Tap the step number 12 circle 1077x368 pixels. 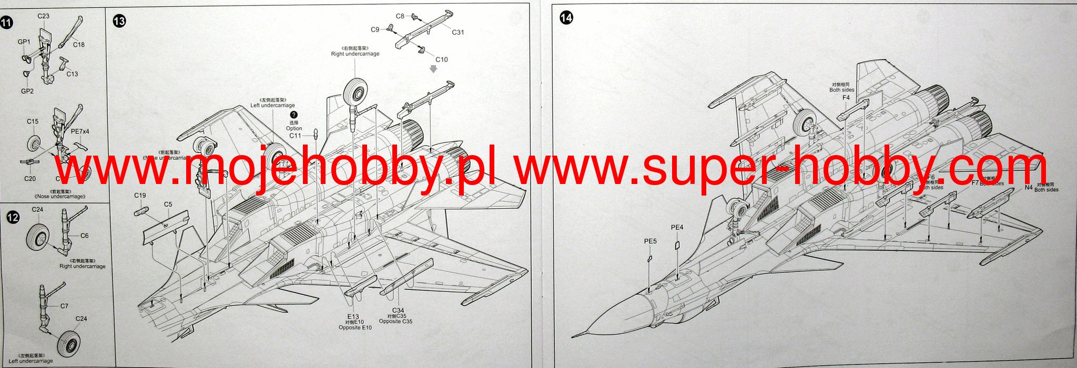click(x=13, y=217)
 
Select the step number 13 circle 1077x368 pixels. click(x=119, y=21)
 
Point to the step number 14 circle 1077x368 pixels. click(x=566, y=18)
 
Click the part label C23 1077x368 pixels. click(x=43, y=16)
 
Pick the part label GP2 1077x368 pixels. click(x=27, y=91)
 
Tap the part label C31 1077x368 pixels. click(x=458, y=32)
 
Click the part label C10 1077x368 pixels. click(x=441, y=59)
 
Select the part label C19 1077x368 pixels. click(x=140, y=196)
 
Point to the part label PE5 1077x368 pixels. click(x=651, y=241)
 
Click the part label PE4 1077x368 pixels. click(x=677, y=228)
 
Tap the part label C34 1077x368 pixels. click(x=398, y=311)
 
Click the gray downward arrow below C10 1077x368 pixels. click(x=433, y=69)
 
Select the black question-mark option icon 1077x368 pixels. click(x=293, y=115)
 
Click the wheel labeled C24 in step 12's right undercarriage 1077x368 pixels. click(x=37, y=236)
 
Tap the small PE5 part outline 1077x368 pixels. click(x=650, y=258)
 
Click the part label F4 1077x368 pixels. click(x=846, y=98)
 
